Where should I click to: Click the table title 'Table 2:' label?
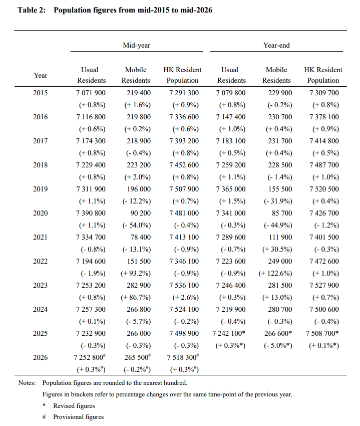(32, 10)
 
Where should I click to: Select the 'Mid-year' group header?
(136, 45)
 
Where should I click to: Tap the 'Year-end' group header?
(276, 45)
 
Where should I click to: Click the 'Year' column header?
(41, 75)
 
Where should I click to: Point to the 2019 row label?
(40, 189)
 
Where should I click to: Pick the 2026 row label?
(40, 357)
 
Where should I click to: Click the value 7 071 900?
(91, 93)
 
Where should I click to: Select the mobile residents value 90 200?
(140, 214)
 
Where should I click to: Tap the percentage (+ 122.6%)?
(275, 273)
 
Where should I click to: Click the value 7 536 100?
(184, 285)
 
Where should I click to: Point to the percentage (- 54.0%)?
(136, 225)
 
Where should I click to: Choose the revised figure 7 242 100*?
(229, 333)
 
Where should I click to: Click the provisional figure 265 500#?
(137, 357)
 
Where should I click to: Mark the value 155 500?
(280, 189)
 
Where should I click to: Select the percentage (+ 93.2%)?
(136, 273)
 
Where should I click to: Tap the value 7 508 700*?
(322, 333)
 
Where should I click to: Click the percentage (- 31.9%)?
(278, 201)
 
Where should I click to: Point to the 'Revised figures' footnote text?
(74, 406)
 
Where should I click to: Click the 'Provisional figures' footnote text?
(79, 417)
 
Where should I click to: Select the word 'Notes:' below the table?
(27, 383)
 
